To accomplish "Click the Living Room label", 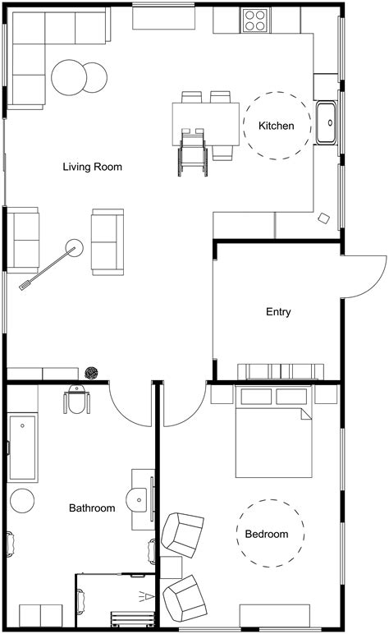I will (93, 167).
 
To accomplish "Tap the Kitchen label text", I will (276, 126).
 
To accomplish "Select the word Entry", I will (278, 312).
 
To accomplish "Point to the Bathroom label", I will (91, 508).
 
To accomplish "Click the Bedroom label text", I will (267, 535).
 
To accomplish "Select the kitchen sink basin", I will (327, 123).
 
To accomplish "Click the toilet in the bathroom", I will (77, 400).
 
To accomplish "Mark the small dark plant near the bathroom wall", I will (92, 374).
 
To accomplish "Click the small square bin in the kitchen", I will (324, 218).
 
